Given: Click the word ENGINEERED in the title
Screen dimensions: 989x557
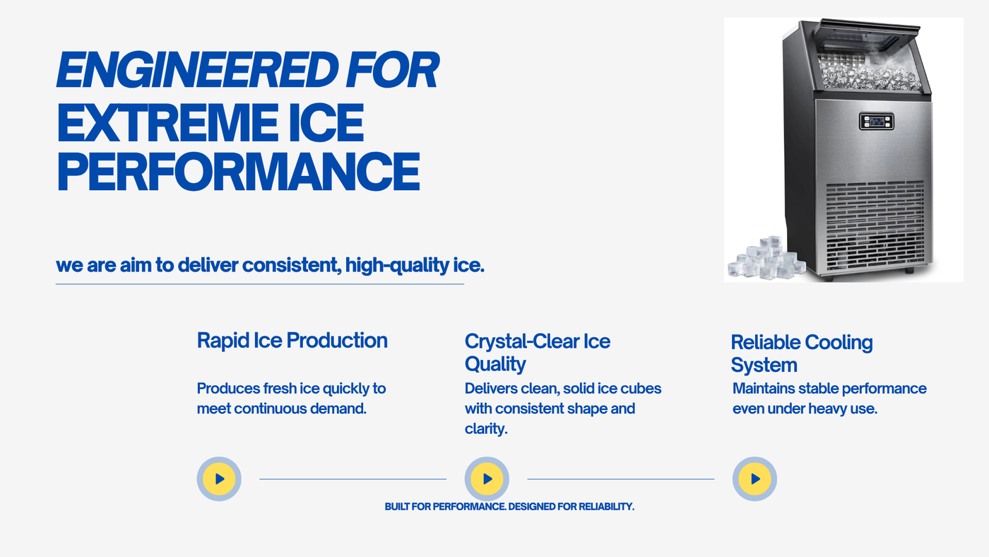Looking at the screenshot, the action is [x=197, y=70].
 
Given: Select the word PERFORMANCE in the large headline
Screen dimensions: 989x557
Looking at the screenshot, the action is [x=239, y=172].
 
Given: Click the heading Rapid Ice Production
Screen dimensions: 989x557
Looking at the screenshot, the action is [x=292, y=341].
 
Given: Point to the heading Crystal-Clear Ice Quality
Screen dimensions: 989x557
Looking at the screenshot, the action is [x=538, y=353].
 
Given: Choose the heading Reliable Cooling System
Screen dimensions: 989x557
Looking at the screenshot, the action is [x=802, y=353].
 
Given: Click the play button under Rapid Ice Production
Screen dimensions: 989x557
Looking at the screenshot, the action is [x=219, y=479].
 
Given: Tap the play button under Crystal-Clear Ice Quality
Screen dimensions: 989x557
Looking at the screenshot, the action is [x=487, y=479].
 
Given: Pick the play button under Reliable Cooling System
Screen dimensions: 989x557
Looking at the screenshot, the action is [x=754, y=479].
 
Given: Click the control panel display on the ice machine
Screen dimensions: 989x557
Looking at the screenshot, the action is [x=877, y=122].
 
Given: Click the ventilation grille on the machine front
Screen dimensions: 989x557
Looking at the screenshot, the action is [x=875, y=226].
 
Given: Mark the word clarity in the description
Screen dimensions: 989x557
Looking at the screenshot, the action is [x=486, y=429].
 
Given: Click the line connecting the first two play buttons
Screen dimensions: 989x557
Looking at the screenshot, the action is [x=353, y=479].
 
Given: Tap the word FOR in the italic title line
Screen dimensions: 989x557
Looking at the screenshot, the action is [x=393, y=70].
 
